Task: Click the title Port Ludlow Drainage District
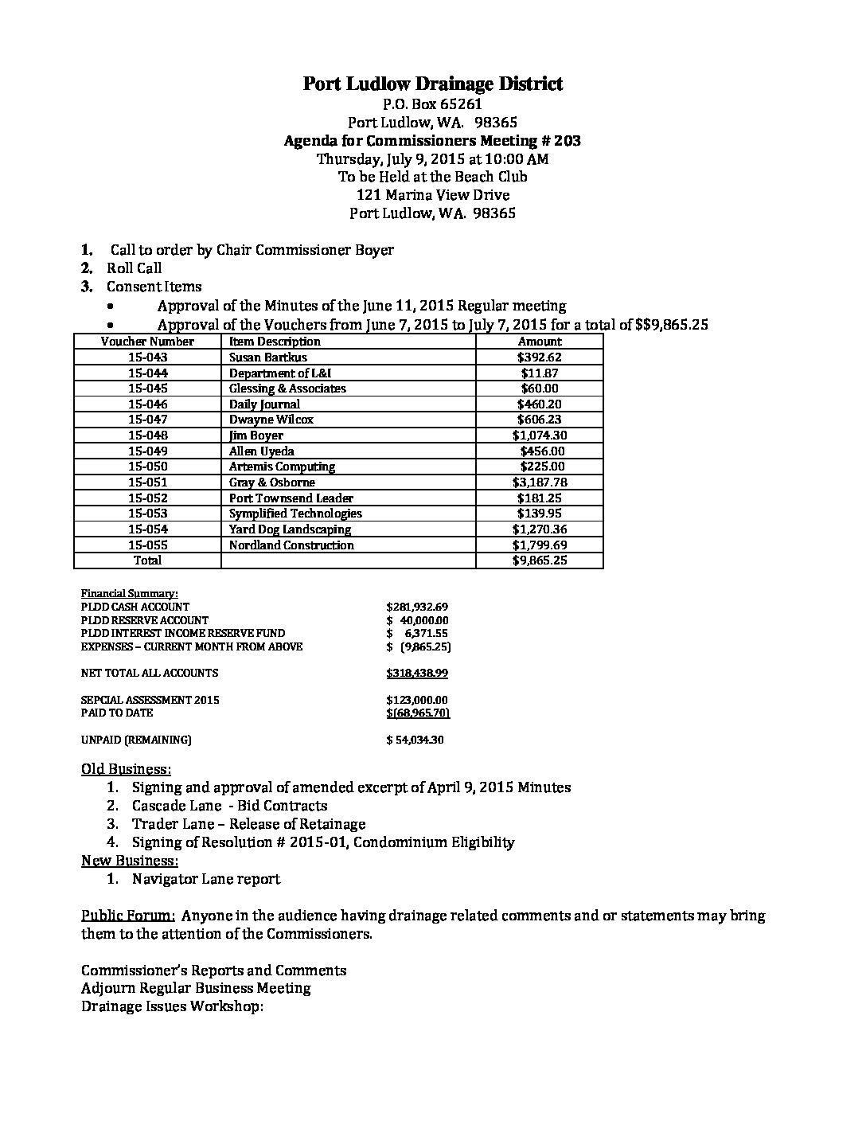pos(432,84)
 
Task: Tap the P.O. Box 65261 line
pos(432,104)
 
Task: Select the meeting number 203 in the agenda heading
pos(568,141)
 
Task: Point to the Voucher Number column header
pos(147,342)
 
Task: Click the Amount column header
pos(540,342)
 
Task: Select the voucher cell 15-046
pos(147,404)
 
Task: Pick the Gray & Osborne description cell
pos(272,482)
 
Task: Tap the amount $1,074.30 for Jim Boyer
pos(540,436)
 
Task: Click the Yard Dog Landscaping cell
pos(290,529)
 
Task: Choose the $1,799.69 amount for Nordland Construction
pos(540,545)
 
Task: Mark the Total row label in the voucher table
pos(147,560)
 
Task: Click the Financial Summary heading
pos(130,594)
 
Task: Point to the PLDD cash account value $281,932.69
pos(417,607)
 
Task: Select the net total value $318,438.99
pos(417,674)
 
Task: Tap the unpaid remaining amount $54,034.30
pos(415,740)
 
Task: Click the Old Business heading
pos(126,770)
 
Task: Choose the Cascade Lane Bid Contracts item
pos(230,806)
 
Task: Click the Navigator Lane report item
pos(206,879)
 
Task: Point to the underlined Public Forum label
pos(123,916)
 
